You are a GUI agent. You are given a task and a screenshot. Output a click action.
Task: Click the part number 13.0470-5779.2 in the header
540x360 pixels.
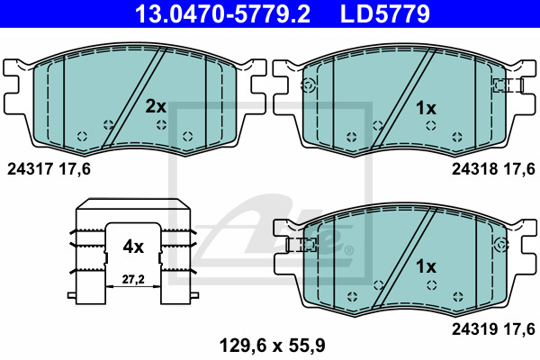click(x=222, y=13)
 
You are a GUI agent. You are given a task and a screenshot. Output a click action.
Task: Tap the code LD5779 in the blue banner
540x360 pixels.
click(x=385, y=13)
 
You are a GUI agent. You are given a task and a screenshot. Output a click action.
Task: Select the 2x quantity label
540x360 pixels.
click(x=156, y=106)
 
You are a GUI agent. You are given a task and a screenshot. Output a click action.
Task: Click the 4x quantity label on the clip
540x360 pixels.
click(x=133, y=247)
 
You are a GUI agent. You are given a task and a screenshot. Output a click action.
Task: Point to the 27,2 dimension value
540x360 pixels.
click(x=133, y=279)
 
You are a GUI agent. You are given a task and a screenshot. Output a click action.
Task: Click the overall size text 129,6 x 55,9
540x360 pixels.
click(x=272, y=346)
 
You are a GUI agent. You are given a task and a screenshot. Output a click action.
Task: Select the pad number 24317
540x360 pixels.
click(x=30, y=169)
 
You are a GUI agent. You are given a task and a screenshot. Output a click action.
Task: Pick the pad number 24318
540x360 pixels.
click(x=474, y=169)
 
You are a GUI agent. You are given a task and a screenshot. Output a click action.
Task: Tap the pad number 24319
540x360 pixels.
click(x=474, y=329)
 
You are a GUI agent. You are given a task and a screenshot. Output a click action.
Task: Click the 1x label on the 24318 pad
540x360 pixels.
click(x=426, y=109)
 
